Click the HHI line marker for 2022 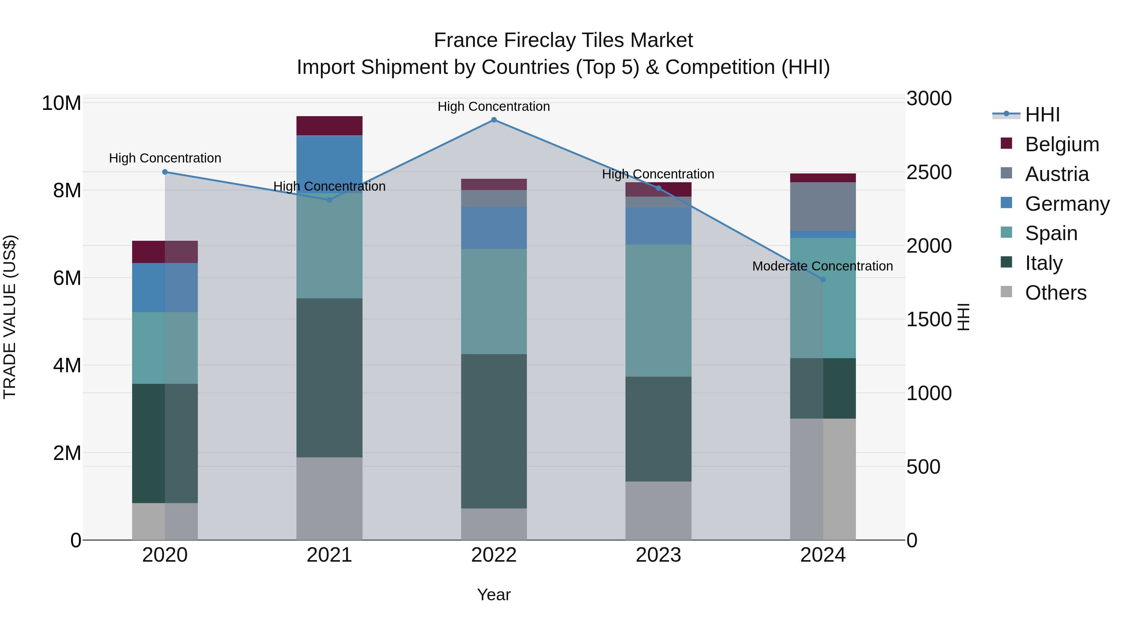[494, 120]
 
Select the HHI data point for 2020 [165, 172]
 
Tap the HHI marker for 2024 [823, 280]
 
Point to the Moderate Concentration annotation [822, 266]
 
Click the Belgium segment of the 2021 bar [329, 126]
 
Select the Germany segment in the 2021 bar [329, 164]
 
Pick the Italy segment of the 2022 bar [494, 431]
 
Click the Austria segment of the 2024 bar [823, 207]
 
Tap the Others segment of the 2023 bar [658, 511]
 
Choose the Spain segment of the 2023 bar [658, 311]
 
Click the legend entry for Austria [1057, 174]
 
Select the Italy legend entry [1043, 263]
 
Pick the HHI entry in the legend [1042, 115]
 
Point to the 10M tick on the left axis [61, 103]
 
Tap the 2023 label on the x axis [658, 555]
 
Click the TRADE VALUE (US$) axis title [10, 317]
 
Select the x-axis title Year [494, 595]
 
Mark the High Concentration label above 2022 [494, 106]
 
